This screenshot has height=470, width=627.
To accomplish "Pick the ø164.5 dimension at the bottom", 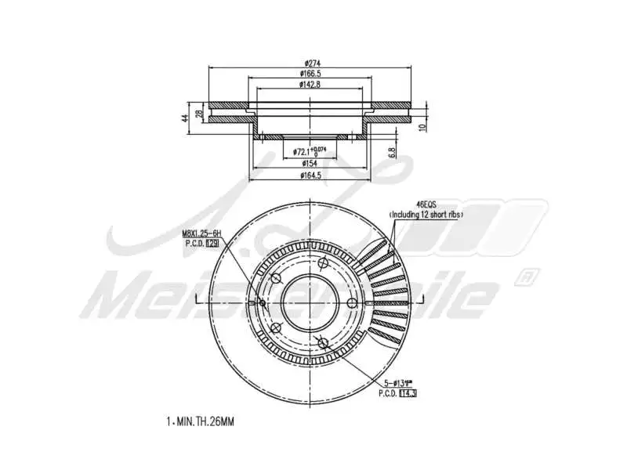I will pos(310,175).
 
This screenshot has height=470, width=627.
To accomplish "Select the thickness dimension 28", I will pos(199,114).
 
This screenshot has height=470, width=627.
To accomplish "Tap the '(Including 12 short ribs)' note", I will pos(426,213).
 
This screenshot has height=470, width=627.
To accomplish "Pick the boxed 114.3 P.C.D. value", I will pos(408,393).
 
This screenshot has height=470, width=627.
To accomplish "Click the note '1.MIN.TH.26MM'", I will pos(201,421).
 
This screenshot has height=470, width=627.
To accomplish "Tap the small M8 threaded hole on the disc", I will pos(262,303).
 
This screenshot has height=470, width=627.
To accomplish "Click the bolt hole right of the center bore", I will pos(352,302).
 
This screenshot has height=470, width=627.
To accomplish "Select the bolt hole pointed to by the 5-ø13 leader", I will pos(324,342).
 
